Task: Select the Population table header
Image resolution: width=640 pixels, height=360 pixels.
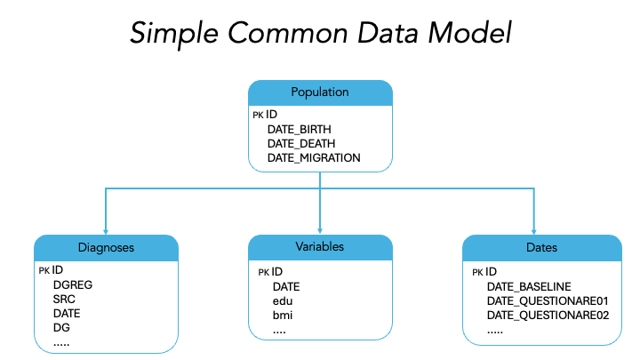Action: point(320,92)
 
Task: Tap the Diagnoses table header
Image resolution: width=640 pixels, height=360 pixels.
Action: point(106,248)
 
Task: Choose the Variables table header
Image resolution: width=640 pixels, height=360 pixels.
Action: point(320,246)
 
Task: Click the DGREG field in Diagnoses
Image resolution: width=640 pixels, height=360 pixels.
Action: point(73,284)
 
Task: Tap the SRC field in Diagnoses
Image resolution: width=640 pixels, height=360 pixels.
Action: point(65,299)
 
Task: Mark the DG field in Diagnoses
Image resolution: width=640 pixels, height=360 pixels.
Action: point(61,327)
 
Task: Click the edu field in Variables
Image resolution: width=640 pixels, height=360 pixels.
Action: point(283,300)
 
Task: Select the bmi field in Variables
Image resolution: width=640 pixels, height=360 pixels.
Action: point(283,315)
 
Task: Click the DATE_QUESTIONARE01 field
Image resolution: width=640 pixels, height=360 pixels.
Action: point(548,300)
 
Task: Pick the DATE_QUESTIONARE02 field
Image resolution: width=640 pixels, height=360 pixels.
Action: point(548,315)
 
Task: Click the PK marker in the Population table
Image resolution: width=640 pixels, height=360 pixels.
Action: point(258,115)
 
